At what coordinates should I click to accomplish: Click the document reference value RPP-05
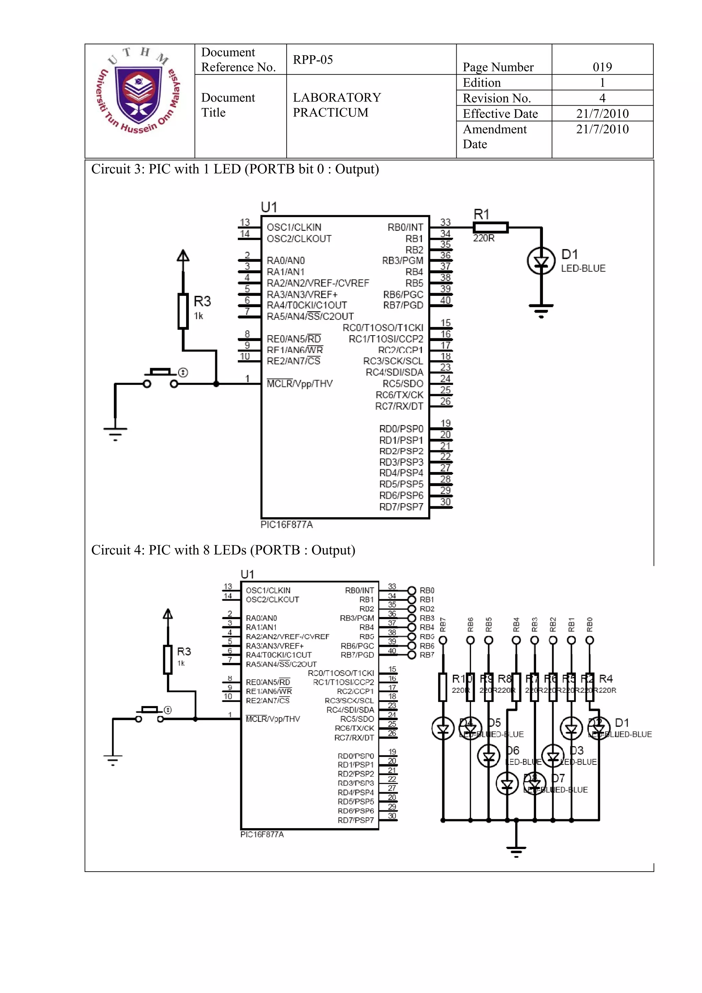click(x=313, y=60)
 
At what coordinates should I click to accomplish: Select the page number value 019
click(x=602, y=67)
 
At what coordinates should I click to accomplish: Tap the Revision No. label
click(x=497, y=98)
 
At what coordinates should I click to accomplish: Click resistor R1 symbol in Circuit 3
click(x=490, y=228)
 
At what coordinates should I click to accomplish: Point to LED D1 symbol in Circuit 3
click(x=541, y=261)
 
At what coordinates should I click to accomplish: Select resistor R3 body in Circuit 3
click(x=183, y=311)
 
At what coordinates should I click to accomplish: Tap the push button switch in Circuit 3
click(x=160, y=377)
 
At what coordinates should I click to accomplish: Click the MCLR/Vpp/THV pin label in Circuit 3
click(x=299, y=384)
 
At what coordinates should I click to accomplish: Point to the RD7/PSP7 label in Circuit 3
click(x=401, y=507)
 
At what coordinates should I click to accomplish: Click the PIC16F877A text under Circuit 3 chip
click(x=286, y=525)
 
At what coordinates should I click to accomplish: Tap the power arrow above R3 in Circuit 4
click(x=168, y=614)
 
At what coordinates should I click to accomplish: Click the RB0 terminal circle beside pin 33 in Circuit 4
click(x=412, y=590)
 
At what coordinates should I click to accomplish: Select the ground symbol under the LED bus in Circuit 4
click(x=516, y=851)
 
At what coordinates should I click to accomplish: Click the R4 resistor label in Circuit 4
click(x=606, y=679)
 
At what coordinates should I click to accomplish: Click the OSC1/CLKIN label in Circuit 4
click(x=268, y=590)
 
